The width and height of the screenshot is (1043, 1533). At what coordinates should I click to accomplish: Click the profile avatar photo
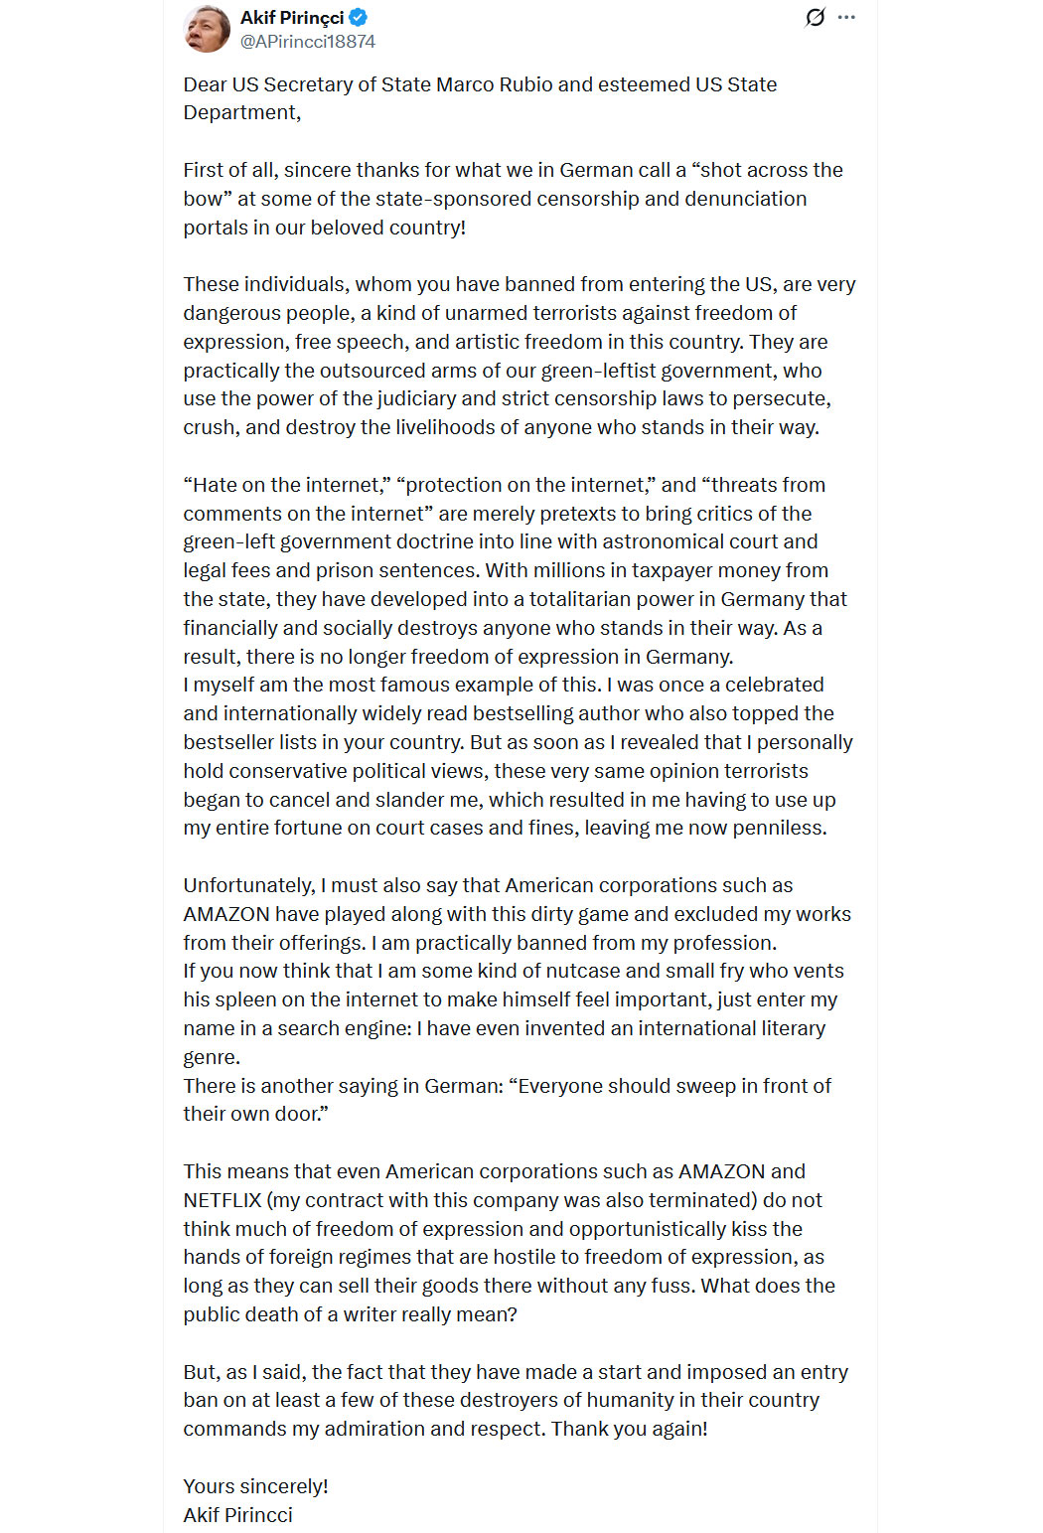point(207,29)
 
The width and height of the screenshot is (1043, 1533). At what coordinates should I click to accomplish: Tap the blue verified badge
point(359,17)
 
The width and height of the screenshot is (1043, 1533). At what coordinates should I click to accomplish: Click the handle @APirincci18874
point(308,42)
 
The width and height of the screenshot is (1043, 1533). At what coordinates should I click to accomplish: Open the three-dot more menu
point(846,17)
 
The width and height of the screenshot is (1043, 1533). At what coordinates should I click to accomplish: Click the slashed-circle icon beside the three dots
point(815,17)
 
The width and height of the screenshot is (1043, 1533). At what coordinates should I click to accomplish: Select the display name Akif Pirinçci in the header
point(292,17)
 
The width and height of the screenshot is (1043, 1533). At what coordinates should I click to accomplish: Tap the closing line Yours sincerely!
point(255,1486)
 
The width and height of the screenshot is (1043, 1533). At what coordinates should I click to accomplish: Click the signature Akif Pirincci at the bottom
point(237,1515)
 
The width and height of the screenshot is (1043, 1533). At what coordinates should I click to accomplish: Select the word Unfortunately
point(249,885)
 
